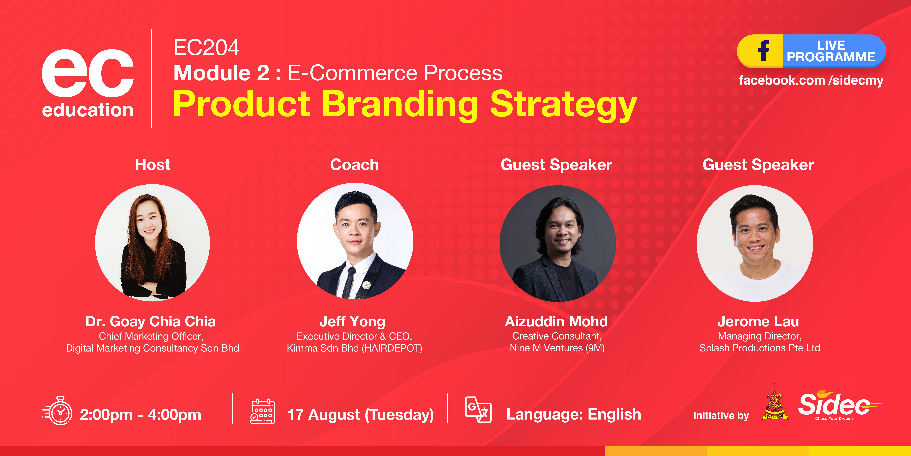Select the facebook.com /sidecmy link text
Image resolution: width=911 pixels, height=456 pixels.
[x=811, y=80]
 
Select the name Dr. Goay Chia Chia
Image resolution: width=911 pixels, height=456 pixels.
[x=151, y=321]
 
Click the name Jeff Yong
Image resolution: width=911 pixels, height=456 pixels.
[x=352, y=321]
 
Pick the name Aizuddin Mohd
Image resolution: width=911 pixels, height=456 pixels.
[x=556, y=321]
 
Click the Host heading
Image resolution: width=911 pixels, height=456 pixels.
[x=153, y=165]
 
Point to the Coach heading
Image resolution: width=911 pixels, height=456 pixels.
[x=354, y=165]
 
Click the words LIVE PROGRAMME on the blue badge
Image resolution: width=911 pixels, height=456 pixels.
[x=831, y=51]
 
